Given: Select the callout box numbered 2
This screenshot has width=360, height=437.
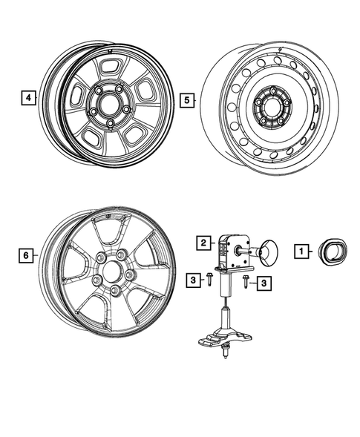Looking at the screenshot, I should (202, 241).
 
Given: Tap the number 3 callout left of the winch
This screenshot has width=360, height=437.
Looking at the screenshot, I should (192, 279).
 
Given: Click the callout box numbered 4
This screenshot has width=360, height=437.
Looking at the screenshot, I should (28, 97).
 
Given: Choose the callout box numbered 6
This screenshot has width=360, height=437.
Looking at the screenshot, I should (25, 255).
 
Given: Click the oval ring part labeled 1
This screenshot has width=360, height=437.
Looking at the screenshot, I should (329, 251).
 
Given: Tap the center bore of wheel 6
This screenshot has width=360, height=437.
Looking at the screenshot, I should (114, 271).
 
